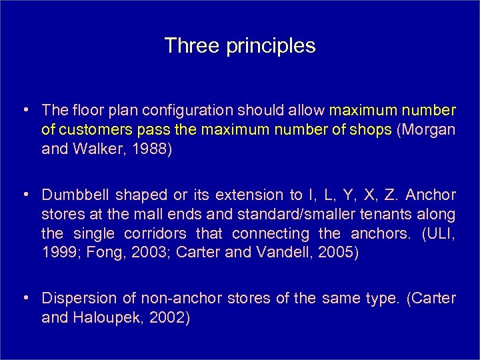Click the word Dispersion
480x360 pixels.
75,299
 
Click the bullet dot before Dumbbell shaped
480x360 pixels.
23,195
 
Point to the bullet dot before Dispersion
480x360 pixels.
23,299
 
